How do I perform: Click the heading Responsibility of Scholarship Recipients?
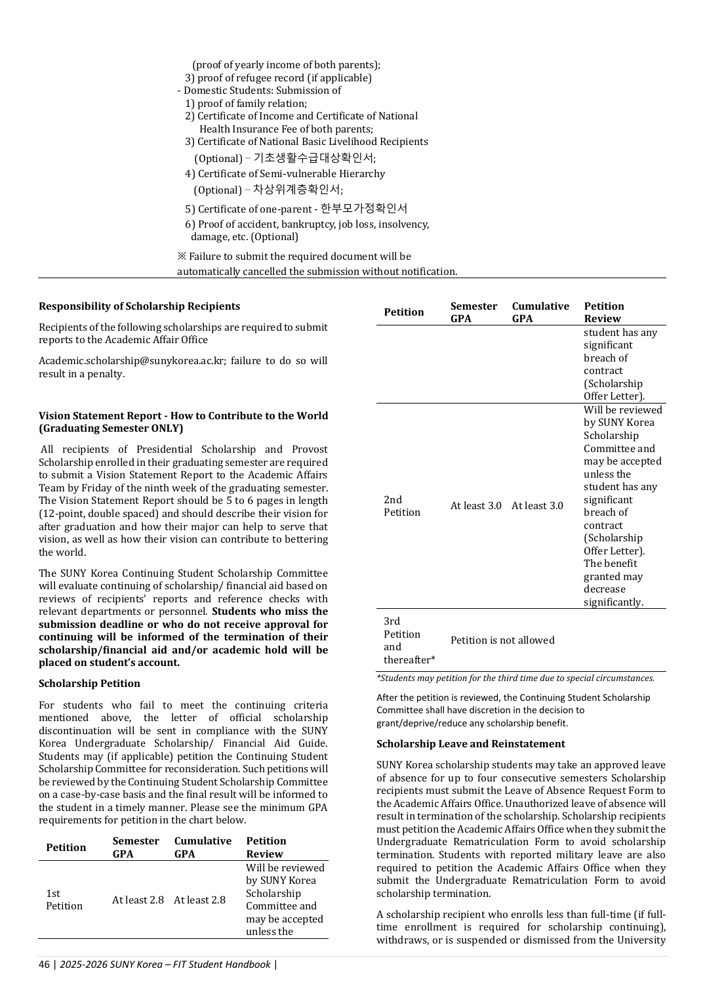pyautogui.click(x=139, y=306)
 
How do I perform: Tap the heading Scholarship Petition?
pyautogui.click(x=89, y=684)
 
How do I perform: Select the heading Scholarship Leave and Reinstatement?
pyautogui.click(x=470, y=744)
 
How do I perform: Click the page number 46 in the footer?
pyautogui.click(x=44, y=965)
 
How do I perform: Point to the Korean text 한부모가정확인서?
pyautogui.click(x=364, y=209)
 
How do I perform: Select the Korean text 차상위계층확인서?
pyautogui.click(x=297, y=190)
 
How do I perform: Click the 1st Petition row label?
pyautogui.click(x=64, y=900)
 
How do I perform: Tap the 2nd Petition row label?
pyautogui.click(x=401, y=506)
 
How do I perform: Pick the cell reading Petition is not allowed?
pyautogui.click(x=502, y=640)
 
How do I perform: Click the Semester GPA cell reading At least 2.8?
pyautogui.click(x=138, y=900)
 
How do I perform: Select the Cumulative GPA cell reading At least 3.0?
pyautogui.click(x=537, y=506)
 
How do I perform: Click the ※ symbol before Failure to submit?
pyautogui.click(x=182, y=257)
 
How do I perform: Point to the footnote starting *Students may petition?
pyautogui.click(x=515, y=678)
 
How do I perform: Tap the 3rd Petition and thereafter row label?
pyautogui.click(x=409, y=640)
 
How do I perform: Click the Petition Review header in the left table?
pyautogui.click(x=266, y=847)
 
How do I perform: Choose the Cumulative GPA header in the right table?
pyautogui.click(x=540, y=312)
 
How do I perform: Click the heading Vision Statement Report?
pyautogui.click(x=183, y=422)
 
